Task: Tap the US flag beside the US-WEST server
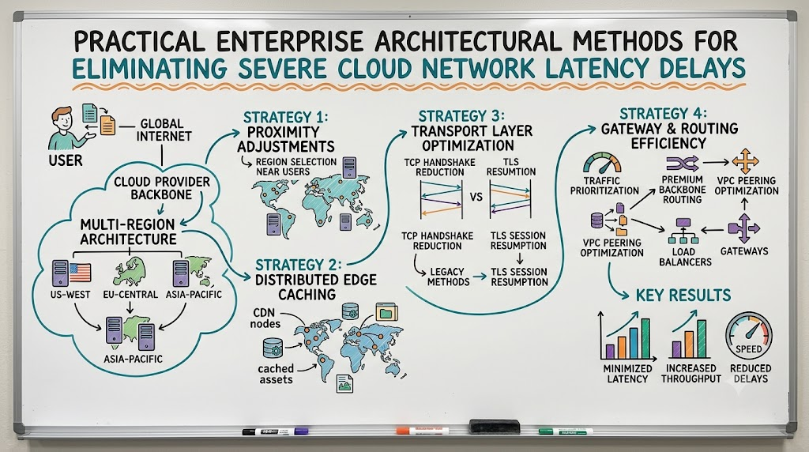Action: (x=80, y=273)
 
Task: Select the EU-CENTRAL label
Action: (x=130, y=295)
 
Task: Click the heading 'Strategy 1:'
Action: (x=285, y=117)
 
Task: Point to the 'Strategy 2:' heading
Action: (x=298, y=266)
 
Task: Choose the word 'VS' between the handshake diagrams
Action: (x=476, y=197)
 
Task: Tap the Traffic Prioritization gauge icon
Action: (x=602, y=163)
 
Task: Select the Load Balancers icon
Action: (x=683, y=231)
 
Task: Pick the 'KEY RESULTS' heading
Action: (x=683, y=295)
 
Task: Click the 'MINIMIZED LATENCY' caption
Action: (x=627, y=374)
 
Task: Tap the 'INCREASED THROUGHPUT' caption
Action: (x=690, y=374)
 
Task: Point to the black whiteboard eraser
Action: (x=495, y=426)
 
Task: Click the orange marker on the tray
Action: (x=422, y=430)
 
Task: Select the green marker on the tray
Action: (x=566, y=431)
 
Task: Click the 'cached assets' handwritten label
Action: (x=276, y=374)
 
